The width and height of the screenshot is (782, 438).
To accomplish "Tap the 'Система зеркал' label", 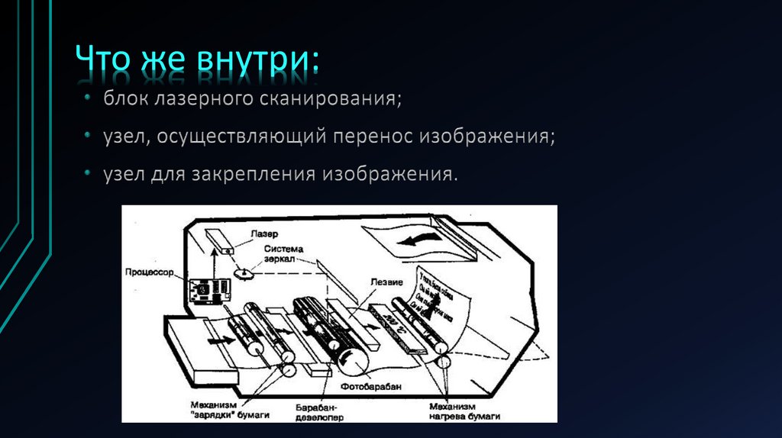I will [x=284, y=254].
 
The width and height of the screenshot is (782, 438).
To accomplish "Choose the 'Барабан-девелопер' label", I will [x=319, y=413].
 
